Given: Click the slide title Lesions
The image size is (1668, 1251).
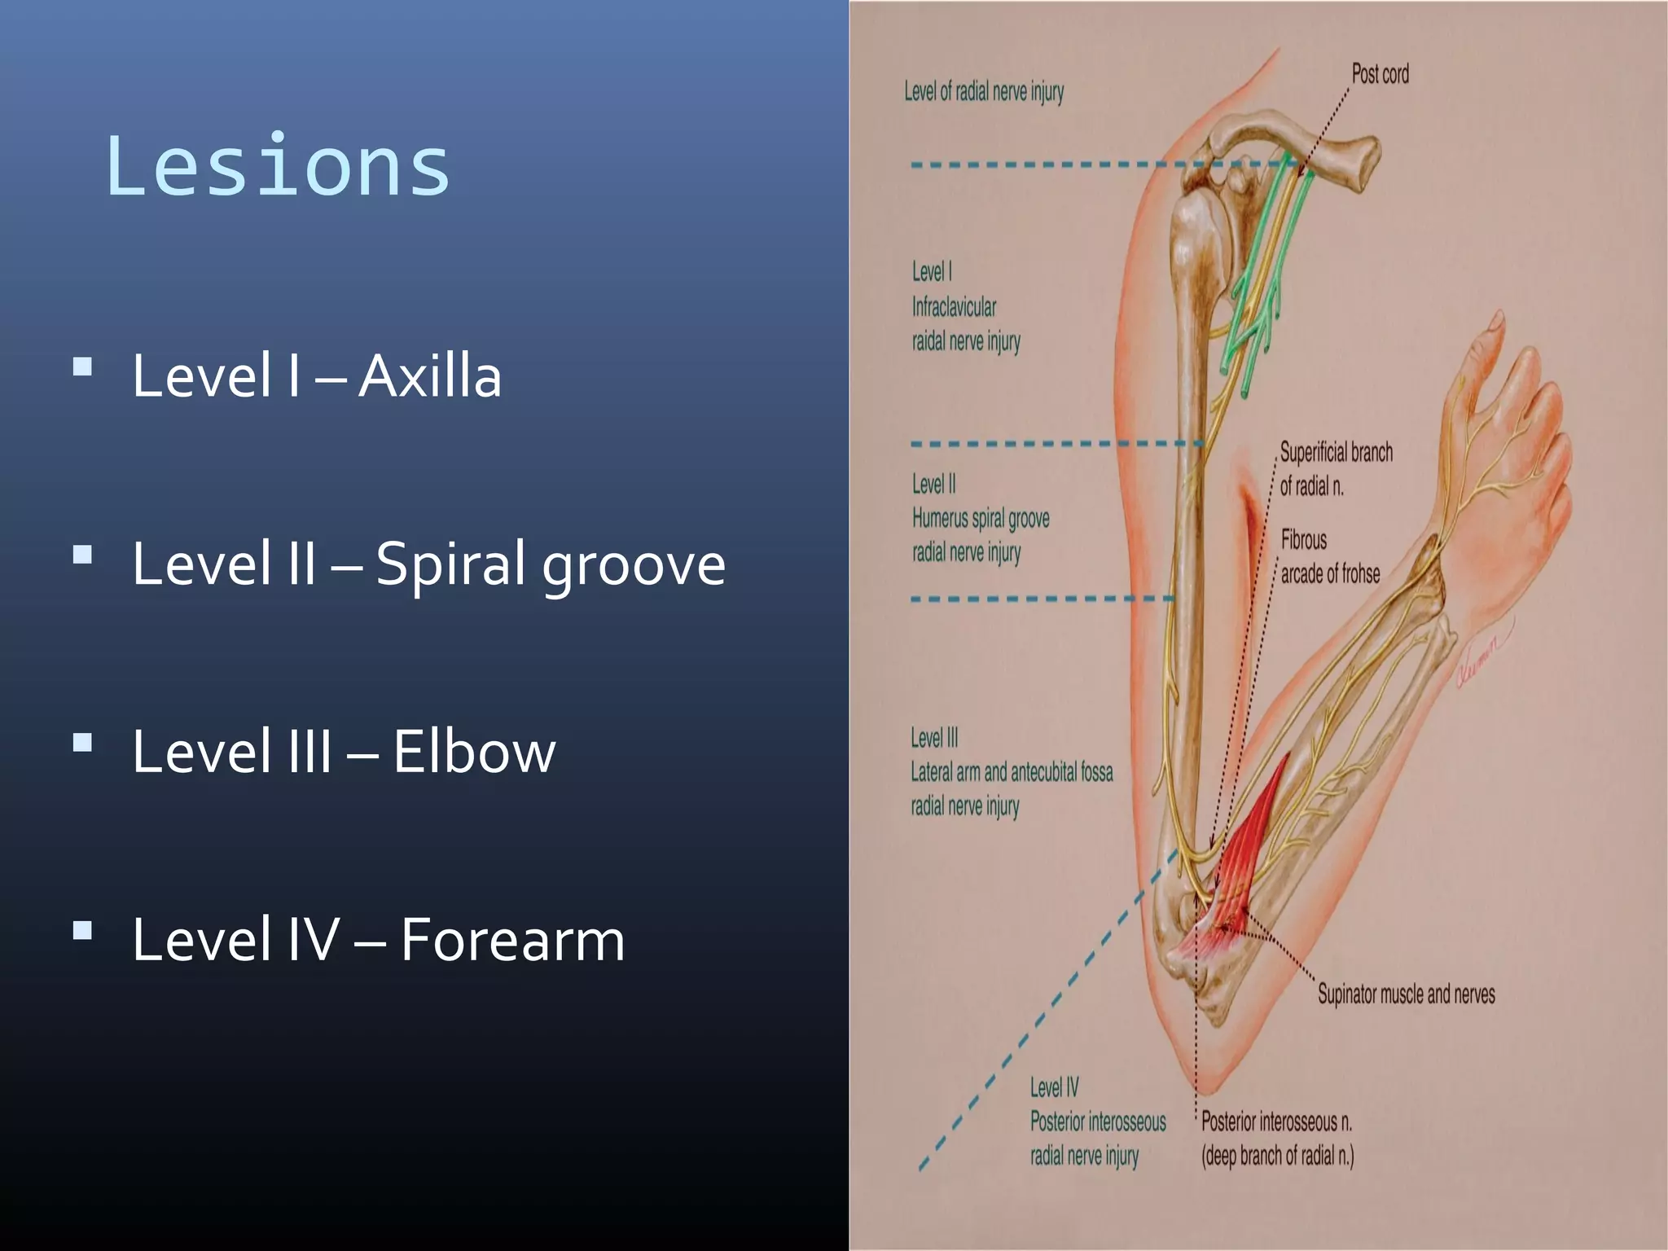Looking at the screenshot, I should pyautogui.click(x=278, y=166).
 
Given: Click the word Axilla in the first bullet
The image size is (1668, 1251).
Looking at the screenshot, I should pyautogui.click(x=429, y=376).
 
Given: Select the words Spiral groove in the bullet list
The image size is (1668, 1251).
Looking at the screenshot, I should pyautogui.click(x=550, y=564).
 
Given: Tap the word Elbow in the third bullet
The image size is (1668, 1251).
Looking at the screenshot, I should pyautogui.click(x=474, y=751).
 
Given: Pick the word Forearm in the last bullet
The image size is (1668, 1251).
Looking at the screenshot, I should pyautogui.click(x=512, y=940).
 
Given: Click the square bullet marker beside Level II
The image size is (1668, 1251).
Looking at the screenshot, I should pyautogui.click(x=82, y=555).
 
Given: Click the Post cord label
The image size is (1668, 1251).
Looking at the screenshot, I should pyautogui.click(x=1380, y=74).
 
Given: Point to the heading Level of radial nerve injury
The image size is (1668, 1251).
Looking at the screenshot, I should pyautogui.click(x=984, y=91).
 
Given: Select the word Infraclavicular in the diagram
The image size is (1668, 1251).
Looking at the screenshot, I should pyautogui.click(x=954, y=307).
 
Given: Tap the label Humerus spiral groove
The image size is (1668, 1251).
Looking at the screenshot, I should pyautogui.click(x=981, y=518).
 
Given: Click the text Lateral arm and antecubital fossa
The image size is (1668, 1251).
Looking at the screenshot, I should pyautogui.click(x=1012, y=772).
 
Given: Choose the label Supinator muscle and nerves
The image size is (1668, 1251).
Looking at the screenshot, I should pyautogui.click(x=1406, y=994).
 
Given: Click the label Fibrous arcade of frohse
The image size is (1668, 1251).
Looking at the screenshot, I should pyautogui.click(x=1329, y=557).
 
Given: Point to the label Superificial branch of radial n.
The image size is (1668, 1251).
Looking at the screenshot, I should pyautogui.click(x=1336, y=469).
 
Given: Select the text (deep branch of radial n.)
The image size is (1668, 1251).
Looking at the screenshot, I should pyautogui.click(x=1277, y=1156).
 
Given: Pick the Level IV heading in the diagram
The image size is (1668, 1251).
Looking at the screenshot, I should pyautogui.click(x=1054, y=1087).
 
